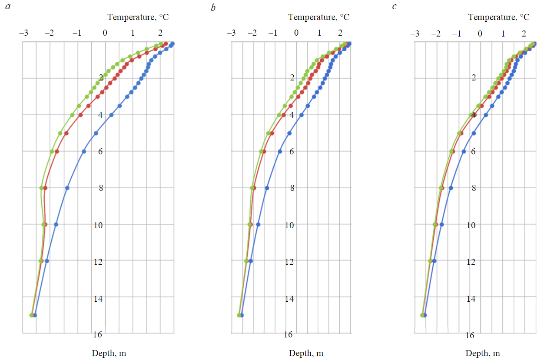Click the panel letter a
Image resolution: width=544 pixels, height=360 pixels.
tap(8, 7)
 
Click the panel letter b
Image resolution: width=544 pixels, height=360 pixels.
tap(213, 7)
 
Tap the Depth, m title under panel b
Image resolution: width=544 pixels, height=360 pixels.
tap(306, 353)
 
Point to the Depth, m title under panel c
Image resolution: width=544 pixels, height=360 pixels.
tap(483, 353)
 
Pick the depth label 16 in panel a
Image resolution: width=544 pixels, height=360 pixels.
tap(97, 334)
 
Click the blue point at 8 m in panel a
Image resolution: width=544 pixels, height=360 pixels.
tap(67, 188)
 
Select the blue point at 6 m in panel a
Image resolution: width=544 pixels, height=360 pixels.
tap(84, 151)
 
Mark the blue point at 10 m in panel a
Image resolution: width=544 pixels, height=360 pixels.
tap(56, 224)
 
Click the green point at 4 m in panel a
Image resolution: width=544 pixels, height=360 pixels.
tap(72, 115)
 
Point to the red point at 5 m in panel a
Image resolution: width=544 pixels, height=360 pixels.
tap(66, 133)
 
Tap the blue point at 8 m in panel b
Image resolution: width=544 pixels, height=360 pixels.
tap(267, 188)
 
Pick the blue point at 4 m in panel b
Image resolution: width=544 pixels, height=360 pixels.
tap(301, 115)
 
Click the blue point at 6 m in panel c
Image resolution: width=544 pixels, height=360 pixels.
tap(464, 151)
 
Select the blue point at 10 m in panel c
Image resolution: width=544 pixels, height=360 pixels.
tap(441, 224)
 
